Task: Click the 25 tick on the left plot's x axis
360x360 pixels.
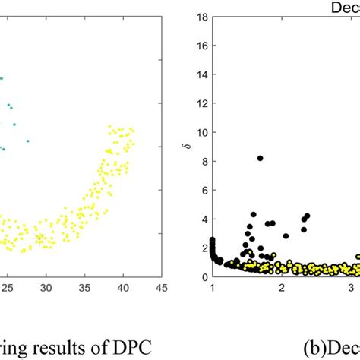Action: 8,288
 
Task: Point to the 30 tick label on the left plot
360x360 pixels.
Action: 46,288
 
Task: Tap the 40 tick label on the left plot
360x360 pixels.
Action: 122,288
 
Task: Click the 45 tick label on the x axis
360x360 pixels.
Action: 160,288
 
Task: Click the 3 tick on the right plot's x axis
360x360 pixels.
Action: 350,288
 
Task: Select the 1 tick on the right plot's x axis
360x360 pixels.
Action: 213,288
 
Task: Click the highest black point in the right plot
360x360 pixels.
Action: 260,158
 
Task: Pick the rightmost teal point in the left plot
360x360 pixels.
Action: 28,141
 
